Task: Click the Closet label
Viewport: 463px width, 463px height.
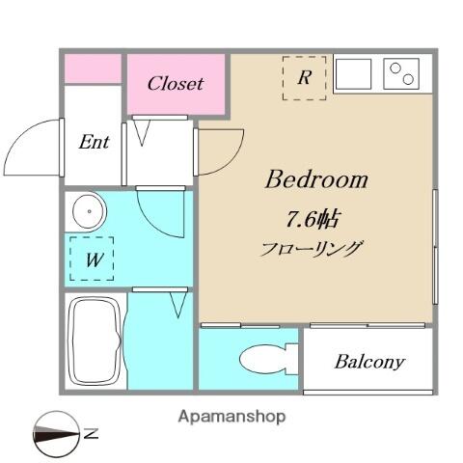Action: click(176, 83)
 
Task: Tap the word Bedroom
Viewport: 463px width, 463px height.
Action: click(316, 179)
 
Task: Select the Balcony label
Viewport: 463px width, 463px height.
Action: click(369, 362)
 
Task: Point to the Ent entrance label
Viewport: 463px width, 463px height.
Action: click(94, 142)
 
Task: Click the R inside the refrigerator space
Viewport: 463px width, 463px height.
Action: click(304, 77)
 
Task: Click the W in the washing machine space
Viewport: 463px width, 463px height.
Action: click(95, 259)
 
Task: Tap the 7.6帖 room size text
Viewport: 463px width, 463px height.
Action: click(312, 220)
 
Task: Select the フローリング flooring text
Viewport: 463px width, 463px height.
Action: click(311, 249)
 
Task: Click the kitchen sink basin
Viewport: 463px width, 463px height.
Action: click(353, 73)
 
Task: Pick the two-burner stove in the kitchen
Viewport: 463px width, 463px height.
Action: click(401, 73)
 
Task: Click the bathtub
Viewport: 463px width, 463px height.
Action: click(94, 340)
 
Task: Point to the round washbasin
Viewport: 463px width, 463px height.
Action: click(89, 211)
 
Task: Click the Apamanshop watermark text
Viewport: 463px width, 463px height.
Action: click(231, 417)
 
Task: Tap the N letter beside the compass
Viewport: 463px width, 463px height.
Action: click(91, 434)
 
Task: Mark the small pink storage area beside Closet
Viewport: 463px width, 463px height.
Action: click(93, 68)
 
